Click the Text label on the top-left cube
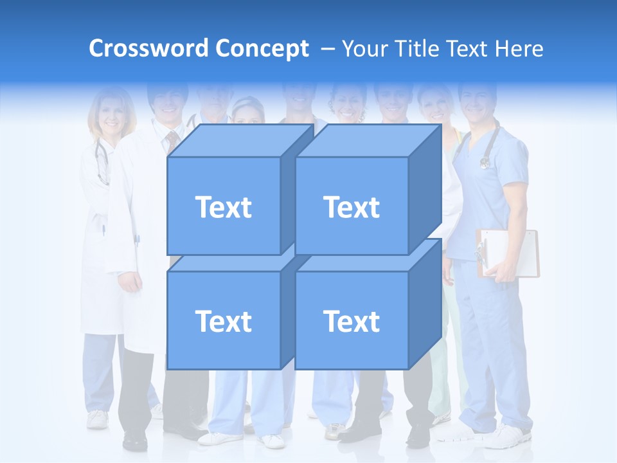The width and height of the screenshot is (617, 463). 223,207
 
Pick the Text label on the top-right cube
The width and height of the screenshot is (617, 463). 351,207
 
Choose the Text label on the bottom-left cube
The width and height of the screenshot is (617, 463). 223,321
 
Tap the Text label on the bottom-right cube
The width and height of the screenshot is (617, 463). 351,321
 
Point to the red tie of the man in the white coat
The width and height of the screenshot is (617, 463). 172,138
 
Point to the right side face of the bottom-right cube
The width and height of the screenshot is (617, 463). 425,302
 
